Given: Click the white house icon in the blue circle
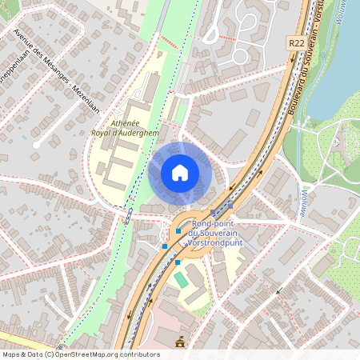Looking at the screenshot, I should (180, 173).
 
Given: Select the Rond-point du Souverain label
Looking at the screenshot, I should (217, 229).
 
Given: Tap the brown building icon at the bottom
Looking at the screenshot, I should (179, 342).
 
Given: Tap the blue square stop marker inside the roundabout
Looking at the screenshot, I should (178, 231).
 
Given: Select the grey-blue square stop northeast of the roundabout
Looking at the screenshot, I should (230, 205).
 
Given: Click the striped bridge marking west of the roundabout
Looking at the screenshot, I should (127, 215).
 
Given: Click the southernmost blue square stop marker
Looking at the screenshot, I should (178, 262).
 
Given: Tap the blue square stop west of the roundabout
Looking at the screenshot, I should (166, 246).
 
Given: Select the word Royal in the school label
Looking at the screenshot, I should (106, 133).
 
